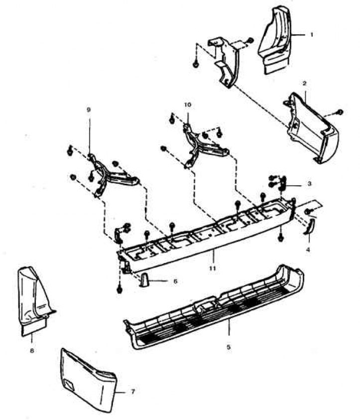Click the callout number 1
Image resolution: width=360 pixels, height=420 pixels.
coord(311,34)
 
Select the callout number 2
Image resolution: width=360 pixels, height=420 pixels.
coord(304,83)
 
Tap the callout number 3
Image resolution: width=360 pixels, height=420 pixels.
coord(309,184)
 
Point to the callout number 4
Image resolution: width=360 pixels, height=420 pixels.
coord(308,250)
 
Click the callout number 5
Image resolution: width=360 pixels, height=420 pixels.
coord(229,347)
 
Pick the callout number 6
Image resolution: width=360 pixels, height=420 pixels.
coord(175,281)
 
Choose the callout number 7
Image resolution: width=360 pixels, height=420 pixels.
coord(133,392)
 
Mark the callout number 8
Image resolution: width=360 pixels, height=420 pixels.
coord(32,350)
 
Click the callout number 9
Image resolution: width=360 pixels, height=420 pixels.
coord(89,110)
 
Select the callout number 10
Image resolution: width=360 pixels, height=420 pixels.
coord(188,105)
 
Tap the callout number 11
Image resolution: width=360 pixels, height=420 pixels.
coord(213,268)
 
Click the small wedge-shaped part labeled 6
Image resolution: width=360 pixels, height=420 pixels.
coord(143,280)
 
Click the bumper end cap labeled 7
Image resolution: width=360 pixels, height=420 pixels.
coord(88,380)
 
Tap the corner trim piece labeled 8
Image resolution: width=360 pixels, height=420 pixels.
coord(34,301)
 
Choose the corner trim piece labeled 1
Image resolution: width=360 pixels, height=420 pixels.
coord(274,40)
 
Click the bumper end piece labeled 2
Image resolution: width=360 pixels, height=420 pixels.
coord(312,129)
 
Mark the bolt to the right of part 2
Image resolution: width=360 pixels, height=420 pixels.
coord(340,112)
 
